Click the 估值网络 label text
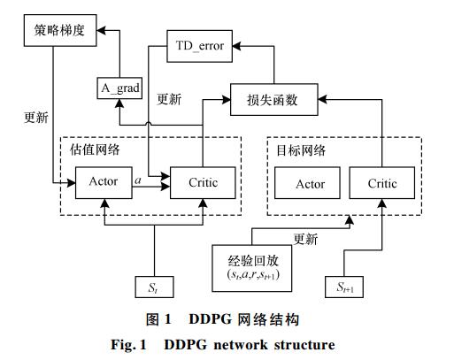point(95,149)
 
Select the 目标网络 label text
point(301,150)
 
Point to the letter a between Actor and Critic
point(138,180)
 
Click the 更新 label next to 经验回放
point(305,239)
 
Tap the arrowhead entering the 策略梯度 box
point(101,30)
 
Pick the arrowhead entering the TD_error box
point(237,46)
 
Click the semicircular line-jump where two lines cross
point(149,123)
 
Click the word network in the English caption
point(241,345)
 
